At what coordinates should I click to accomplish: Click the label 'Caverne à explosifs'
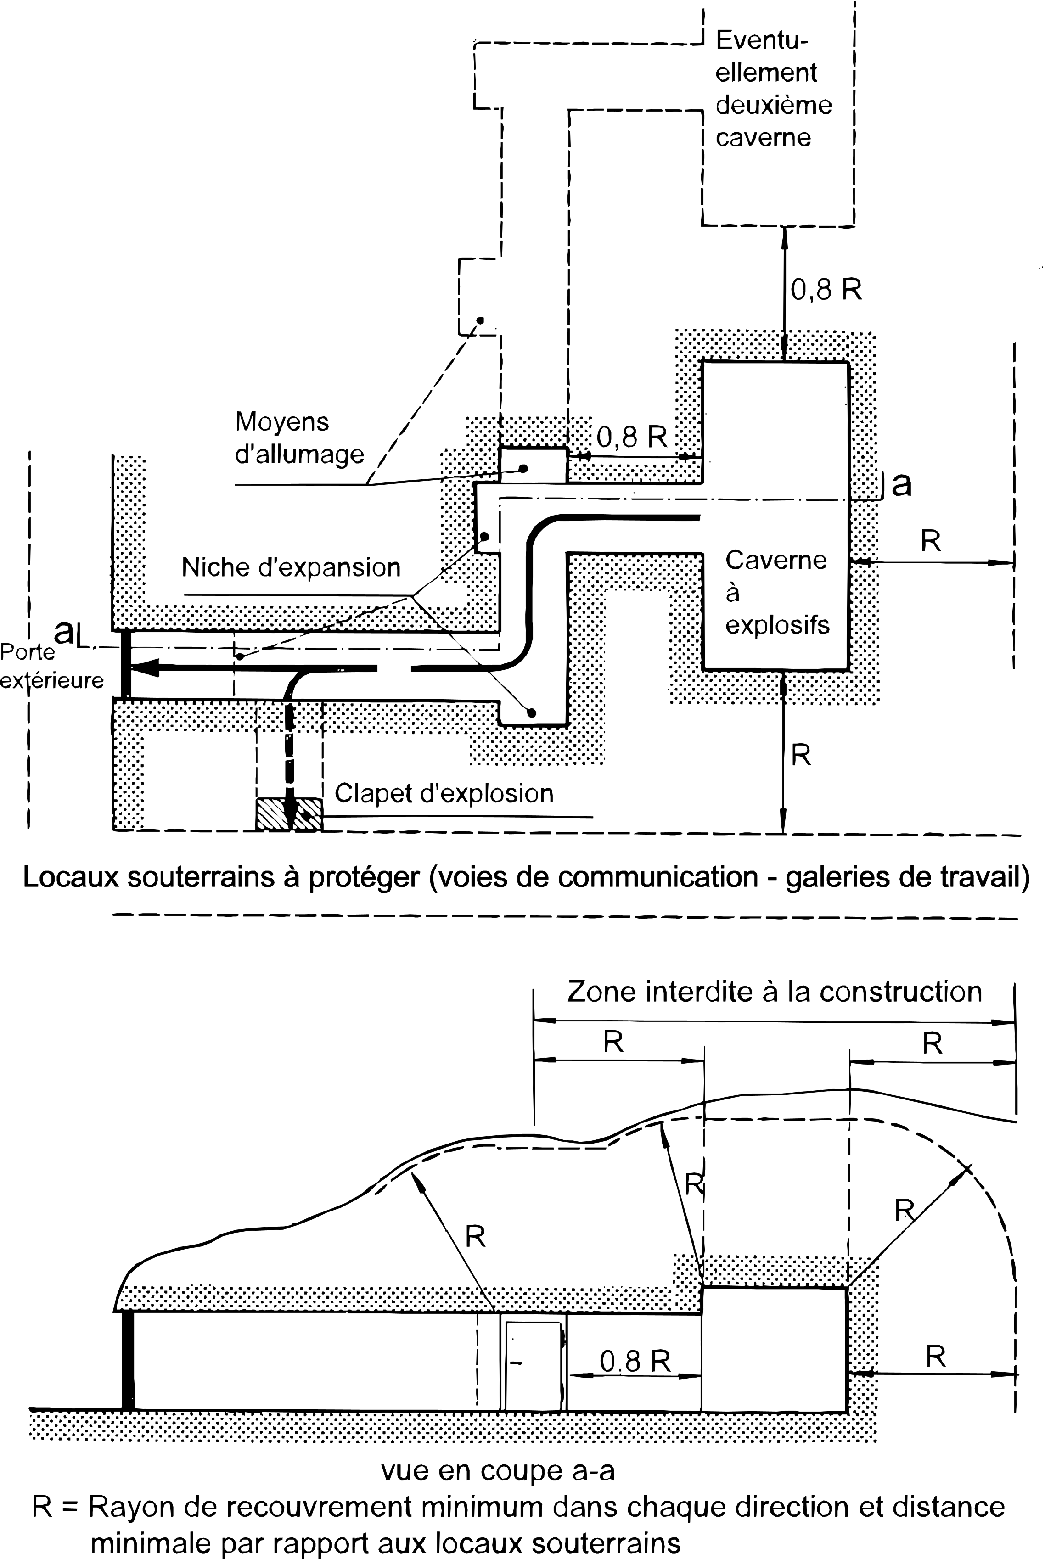[777, 592]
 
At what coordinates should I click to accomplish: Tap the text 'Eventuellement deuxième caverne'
[774, 89]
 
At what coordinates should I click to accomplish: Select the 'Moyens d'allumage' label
[300, 437]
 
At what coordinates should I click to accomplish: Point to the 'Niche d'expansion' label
[291, 567]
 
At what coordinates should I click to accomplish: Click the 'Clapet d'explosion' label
[444, 793]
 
